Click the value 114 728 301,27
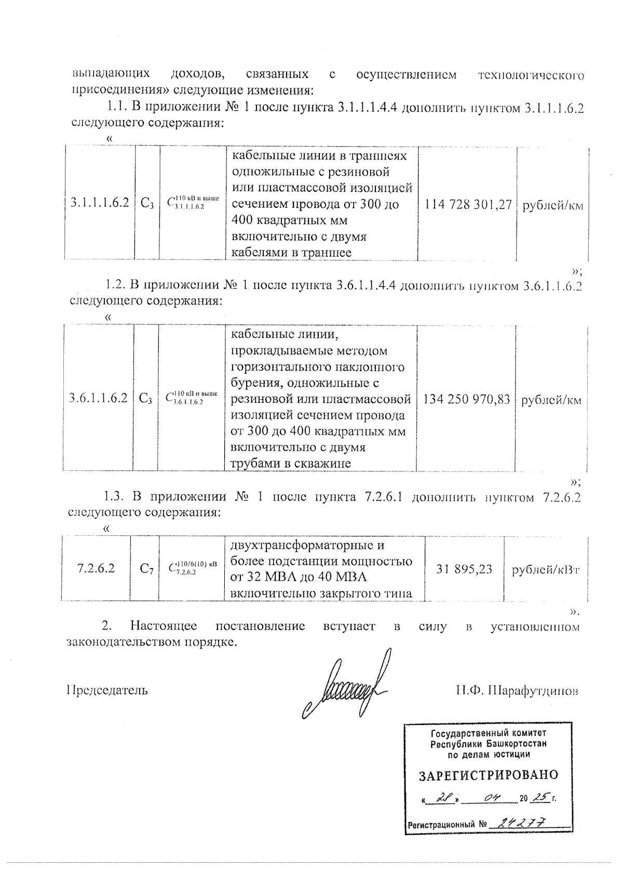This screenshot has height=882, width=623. click(x=468, y=205)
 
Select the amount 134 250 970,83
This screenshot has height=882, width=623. click(x=467, y=399)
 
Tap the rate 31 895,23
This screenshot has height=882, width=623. click(x=464, y=569)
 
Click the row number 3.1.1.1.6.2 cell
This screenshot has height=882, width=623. click(x=99, y=203)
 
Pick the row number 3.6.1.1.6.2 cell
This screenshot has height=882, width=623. click(x=98, y=399)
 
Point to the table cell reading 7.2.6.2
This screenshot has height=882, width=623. click(x=96, y=568)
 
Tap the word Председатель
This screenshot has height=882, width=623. click(x=107, y=690)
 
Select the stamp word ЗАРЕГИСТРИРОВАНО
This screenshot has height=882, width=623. click(x=488, y=775)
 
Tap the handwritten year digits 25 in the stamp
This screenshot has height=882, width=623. click(x=541, y=797)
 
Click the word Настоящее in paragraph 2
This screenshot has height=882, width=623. click(x=166, y=626)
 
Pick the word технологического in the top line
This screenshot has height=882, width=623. click(x=530, y=75)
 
